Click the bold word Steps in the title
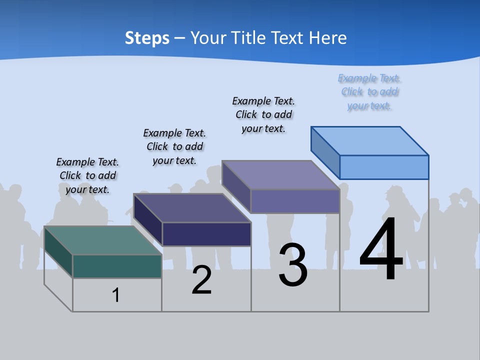click(147, 38)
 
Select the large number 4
click(381, 250)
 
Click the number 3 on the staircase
click(293, 265)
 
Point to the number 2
click(202, 280)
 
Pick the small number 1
click(116, 295)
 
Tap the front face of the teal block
click(117, 266)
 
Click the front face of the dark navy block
click(206, 234)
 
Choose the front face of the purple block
click(295, 201)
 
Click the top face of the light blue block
click(369, 140)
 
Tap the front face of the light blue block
click(384, 167)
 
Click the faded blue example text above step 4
click(369, 92)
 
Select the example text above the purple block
click(263, 114)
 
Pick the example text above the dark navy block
click(174, 146)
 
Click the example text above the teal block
click(87, 175)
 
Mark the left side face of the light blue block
click(325, 151)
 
